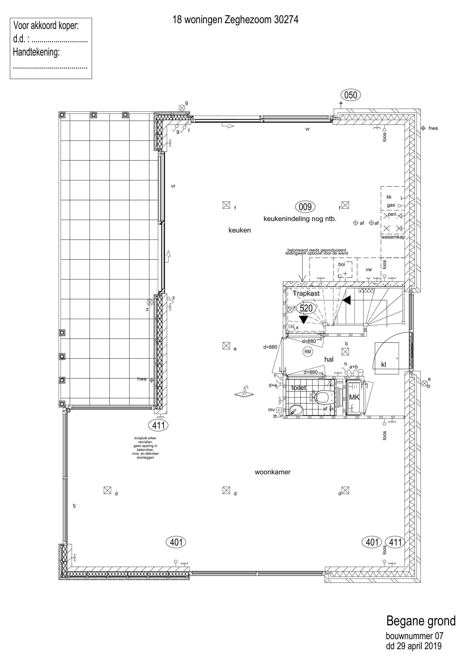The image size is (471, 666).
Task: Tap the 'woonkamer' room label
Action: point(273,472)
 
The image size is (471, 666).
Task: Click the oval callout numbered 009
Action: point(305,207)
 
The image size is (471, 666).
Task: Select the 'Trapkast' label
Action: point(306,293)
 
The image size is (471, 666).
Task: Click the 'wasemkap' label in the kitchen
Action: point(393,237)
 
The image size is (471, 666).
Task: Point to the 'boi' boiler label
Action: point(342,264)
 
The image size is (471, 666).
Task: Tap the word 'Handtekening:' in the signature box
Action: point(36,52)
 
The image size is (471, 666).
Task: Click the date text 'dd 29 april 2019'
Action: point(414,646)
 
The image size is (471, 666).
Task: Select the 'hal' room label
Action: point(329,359)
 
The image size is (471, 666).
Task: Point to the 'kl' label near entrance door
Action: point(384,365)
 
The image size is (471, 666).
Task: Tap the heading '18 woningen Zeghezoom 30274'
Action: point(235,20)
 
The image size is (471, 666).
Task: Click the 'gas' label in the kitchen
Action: point(391,205)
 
